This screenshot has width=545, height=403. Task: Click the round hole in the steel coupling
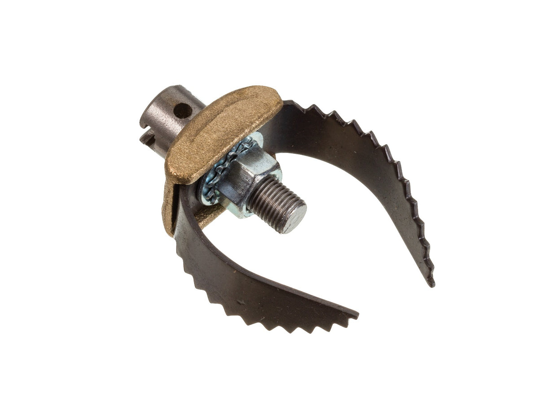183,110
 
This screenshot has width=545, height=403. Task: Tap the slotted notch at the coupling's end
148,137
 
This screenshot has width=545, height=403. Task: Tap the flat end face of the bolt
294,220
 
